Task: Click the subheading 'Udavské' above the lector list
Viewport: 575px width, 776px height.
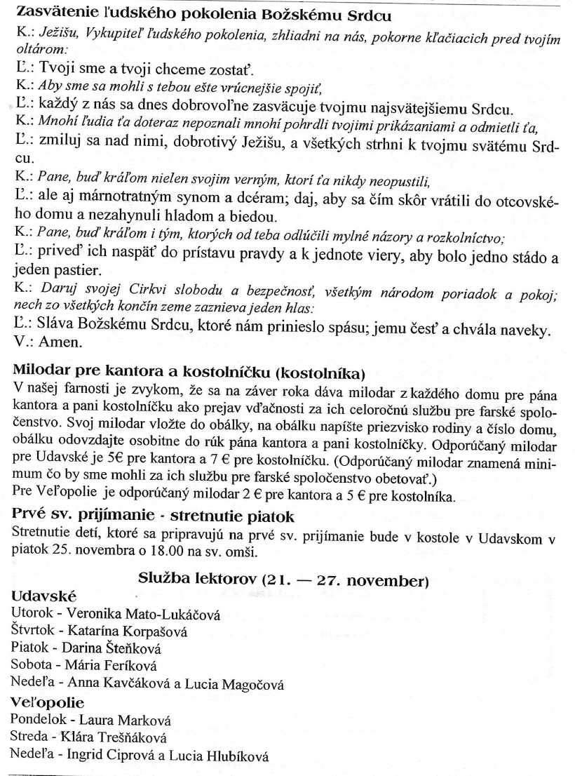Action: pyautogui.click(x=44, y=596)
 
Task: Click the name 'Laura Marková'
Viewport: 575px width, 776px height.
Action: pyautogui.click(x=125, y=721)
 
